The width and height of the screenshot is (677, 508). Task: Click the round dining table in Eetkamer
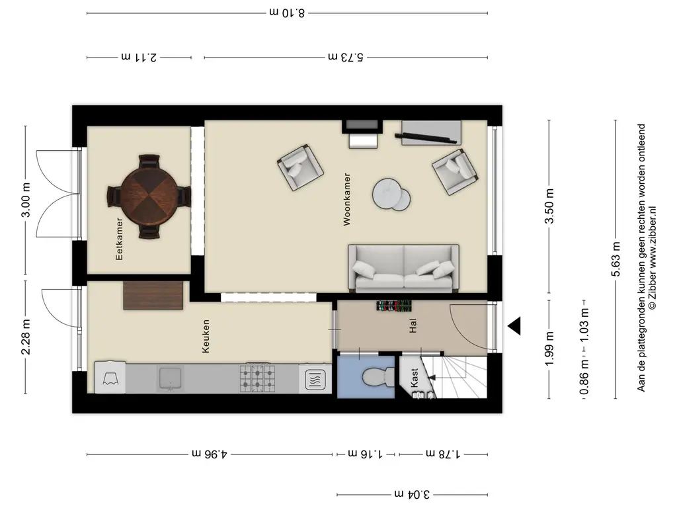pyautogui.click(x=149, y=196)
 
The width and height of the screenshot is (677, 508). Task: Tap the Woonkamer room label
pyautogui.click(x=346, y=200)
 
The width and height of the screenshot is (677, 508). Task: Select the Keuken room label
pyautogui.click(x=206, y=336)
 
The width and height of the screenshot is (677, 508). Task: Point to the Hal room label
pyautogui.click(x=413, y=325)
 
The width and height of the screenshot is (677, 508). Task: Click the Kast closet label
pyautogui.click(x=415, y=378)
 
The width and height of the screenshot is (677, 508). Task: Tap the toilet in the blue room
pyautogui.click(x=379, y=376)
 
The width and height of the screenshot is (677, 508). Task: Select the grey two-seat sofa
pyautogui.click(x=403, y=269)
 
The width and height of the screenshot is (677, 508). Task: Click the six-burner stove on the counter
pyautogui.click(x=257, y=378)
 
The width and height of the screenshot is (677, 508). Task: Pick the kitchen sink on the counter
pyautogui.click(x=171, y=378)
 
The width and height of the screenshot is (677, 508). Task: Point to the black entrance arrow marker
pyautogui.click(x=514, y=325)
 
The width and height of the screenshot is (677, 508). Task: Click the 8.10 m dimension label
pyautogui.click(x=287, y=13)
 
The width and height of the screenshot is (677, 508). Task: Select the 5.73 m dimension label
pyautogui.click(x=345, y=57)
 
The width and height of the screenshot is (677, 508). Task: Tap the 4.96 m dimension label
pyautogui.click(x=210, y=454)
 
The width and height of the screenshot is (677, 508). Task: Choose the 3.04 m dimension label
pyautogui.click(x=412, y=493)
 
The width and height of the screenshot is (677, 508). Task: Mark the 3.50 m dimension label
pyautogui.click(x=549, y=206)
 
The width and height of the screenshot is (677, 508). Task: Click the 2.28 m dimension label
pyautogui.click(x=26, y=337)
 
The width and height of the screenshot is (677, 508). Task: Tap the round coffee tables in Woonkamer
pyautogui.click(x=391, y=194)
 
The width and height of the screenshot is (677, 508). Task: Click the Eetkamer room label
pyautogui.click(x=119, y=238)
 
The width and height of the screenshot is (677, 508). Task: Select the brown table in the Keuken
pyautogui.click(x=153, y=296)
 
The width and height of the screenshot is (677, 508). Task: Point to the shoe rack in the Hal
pyautogui.click(x=393, y=306)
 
